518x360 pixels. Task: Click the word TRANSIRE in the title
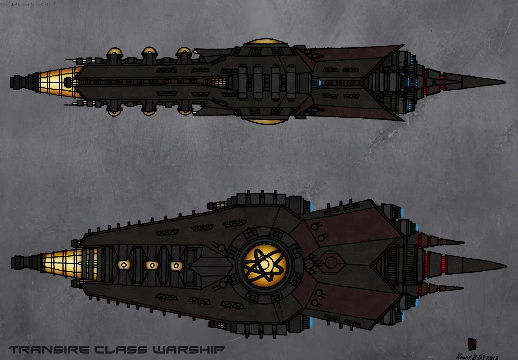click(49, 350)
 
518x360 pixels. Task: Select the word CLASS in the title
click(120, 350)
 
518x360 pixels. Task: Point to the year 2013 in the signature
click(491, 357)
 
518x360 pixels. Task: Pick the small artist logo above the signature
click(472, 343)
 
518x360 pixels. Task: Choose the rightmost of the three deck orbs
click(176, 266)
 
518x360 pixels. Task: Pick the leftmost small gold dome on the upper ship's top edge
click(114, 51)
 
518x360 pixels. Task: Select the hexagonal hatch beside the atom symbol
click(330, 262)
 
